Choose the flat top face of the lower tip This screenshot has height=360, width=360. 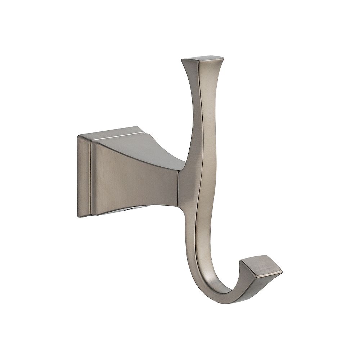point(265,263)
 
